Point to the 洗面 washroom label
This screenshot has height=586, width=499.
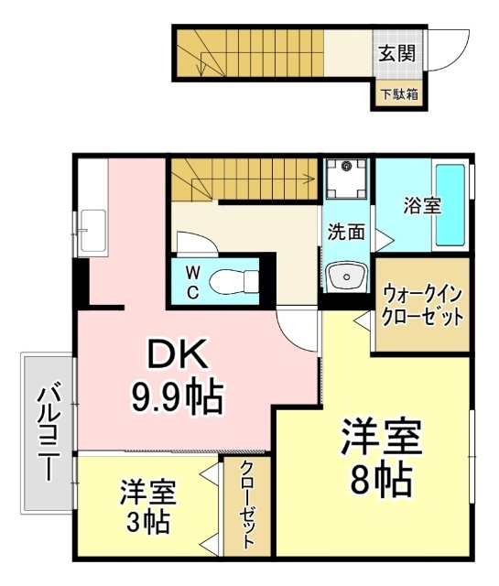click(346, 232)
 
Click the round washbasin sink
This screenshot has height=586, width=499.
click(345, 275)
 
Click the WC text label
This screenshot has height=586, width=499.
click(193, 281)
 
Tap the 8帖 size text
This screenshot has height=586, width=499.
click(381, 477)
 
